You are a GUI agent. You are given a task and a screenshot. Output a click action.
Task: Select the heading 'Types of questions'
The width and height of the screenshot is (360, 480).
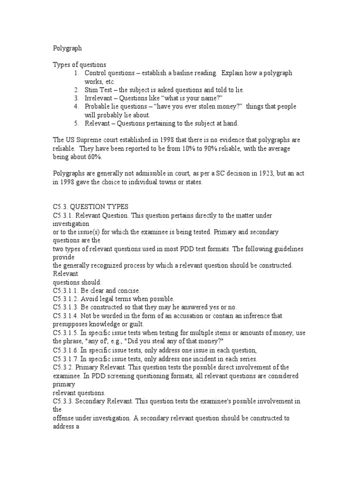(x=79, y=64)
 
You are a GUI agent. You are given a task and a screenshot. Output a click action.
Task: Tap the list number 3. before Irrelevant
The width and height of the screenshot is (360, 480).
(x=76, y=98)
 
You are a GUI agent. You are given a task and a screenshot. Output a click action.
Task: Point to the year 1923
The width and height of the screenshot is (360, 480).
(x=253, y=174)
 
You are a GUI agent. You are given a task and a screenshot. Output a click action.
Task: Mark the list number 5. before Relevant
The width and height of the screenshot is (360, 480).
(x=76, y=123)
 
